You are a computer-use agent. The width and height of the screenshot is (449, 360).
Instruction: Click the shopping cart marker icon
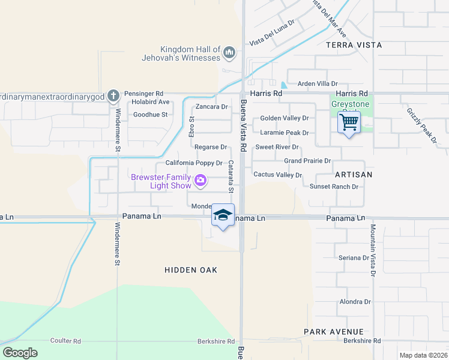click(349, 123)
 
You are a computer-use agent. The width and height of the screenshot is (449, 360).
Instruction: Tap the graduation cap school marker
click(223, 216)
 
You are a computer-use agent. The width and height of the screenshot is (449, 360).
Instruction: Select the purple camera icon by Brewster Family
click(200, 179)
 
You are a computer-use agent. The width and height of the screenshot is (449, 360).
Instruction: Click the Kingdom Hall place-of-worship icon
click(228, 53)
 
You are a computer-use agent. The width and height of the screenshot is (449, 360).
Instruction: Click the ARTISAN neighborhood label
click(354, 175)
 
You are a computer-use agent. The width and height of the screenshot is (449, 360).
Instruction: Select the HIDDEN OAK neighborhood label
click(191, 271)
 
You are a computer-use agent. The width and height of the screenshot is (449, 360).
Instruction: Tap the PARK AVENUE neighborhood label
click(334, 332)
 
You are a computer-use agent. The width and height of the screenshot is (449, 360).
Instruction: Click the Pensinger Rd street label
click(143, 94)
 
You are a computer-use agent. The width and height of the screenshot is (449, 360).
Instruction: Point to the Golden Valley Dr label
click(284, 119)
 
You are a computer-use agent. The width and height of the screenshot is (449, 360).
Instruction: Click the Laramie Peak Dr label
click(284, 133)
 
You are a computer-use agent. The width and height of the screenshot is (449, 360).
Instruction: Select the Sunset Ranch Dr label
click(334, 187)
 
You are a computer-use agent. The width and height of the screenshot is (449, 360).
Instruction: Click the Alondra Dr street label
click(355, 302)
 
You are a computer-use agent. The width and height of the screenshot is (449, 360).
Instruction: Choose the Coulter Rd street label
click(65, 341)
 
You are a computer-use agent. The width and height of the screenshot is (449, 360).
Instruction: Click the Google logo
click(20, 353)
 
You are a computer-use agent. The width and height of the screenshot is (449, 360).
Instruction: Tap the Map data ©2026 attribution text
click(423, 355)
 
